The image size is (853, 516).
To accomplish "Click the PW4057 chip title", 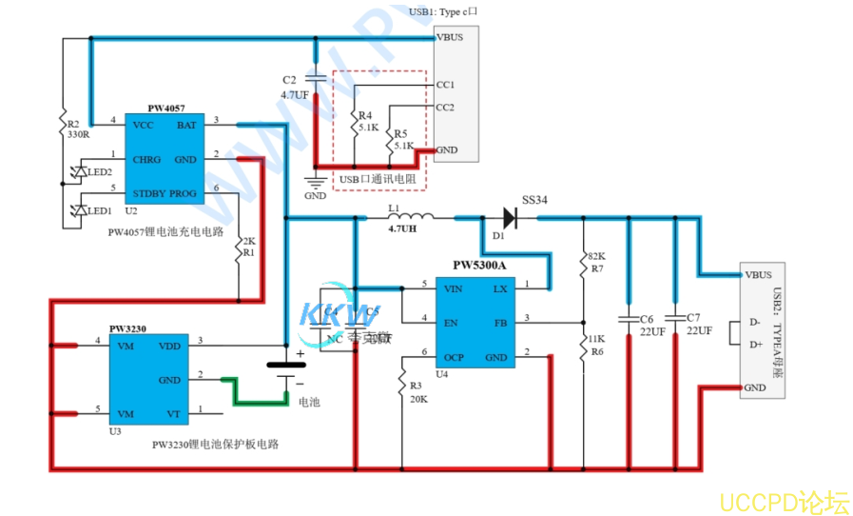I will click(x=165, y=109).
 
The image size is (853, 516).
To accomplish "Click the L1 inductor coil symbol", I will click(x=410, y=215).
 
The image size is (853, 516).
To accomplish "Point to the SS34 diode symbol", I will click(x=508, y=218).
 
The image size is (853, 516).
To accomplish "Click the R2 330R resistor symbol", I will click(x=62, y=124).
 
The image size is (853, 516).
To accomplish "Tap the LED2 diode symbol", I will click(x=79, y=172).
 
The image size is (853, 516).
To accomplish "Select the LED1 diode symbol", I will click(x=79, y=209).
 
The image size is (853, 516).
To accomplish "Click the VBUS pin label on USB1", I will click(x=449, y=38).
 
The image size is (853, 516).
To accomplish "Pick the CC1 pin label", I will click(x=445, y=85).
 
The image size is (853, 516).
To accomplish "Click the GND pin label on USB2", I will click(x=755, y=387).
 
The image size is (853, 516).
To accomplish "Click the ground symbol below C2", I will click(x=315, y=182).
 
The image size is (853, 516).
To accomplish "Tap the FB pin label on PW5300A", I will click(x=500, y=323).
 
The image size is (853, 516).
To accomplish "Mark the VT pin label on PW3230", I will click(x=173, y=414).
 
